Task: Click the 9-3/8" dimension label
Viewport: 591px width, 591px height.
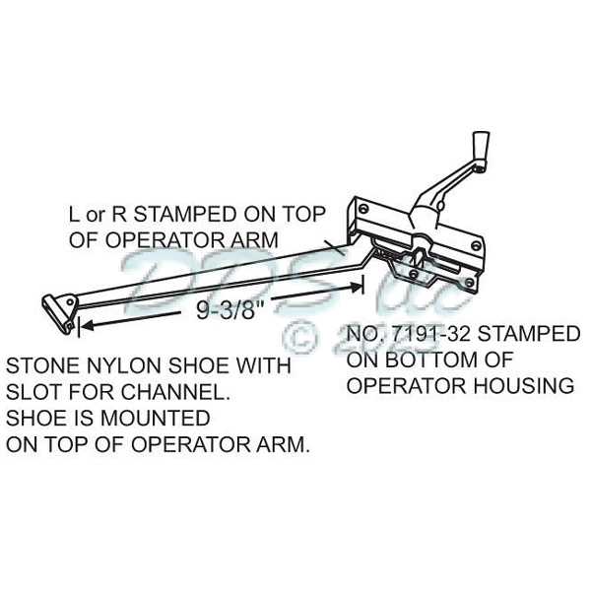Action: click(228, 310)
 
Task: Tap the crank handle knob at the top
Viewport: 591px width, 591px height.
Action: click(481, 145)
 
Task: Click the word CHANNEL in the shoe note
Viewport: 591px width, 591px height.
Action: click(175, 392)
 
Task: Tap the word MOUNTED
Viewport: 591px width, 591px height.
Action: click(156, 418)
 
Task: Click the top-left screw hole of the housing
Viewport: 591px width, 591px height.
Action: click(362, 209)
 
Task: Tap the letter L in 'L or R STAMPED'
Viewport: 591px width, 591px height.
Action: click(74, 214)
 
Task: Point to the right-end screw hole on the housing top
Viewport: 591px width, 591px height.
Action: click(476, 246)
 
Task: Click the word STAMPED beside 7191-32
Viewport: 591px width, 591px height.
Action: click(529, 334)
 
